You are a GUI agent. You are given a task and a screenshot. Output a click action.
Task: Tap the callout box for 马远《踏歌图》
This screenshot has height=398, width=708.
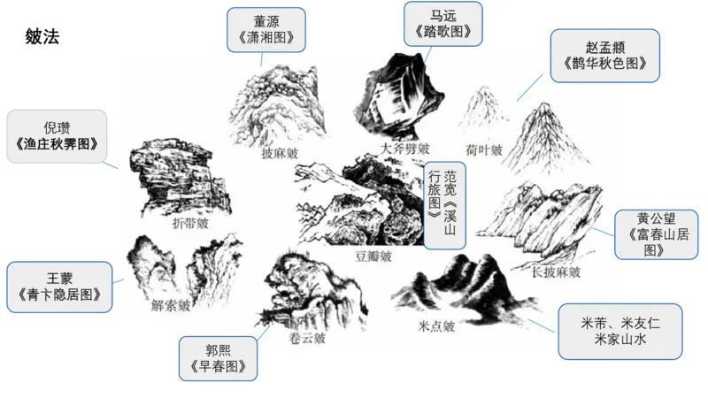pyautogui.click(x=442, y=24)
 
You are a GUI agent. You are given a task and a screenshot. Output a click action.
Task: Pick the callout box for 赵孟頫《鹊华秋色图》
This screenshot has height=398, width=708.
pyautogui.click(x=604, y=55)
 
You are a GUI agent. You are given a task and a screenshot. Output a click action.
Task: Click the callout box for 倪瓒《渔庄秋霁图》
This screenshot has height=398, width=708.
pyautogui.click(x=57, y=135)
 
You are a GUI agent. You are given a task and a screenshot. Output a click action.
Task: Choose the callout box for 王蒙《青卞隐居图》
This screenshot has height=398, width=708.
pyautogui.click(x=59, y=287)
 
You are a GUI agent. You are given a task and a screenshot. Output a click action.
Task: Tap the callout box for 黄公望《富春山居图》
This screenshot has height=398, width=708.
pyautogui.click(x=655, y=234)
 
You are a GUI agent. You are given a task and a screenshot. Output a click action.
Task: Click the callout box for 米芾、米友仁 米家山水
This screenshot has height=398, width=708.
pyautogui.click(x=620, y=331)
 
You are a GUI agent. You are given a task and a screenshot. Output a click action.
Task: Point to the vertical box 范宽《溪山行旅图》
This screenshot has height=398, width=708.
pyautogui.click(x=442, y=204)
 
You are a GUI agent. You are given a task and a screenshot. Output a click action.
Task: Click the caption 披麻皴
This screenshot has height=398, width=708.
pyautogui.click(x=279, y=153)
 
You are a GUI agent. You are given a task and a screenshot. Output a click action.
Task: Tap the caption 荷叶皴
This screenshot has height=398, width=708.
pyautogui.click(x=483, y=149)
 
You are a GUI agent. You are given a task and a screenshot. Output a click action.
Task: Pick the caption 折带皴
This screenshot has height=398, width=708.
pyautogui.click(x=191, y=224)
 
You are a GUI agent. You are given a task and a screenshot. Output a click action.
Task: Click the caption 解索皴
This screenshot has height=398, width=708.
pyautogui.click(x=171, y=306)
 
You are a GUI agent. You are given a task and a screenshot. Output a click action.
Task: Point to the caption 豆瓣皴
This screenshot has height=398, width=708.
pyautogui.click(x=373, y=256)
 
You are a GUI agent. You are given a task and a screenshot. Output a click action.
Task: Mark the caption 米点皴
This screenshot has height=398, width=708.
pyautogui.click(x=436, y=325)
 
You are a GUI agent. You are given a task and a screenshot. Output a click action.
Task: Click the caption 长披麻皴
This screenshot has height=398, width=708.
pyautogui.click(x=556, y=272)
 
